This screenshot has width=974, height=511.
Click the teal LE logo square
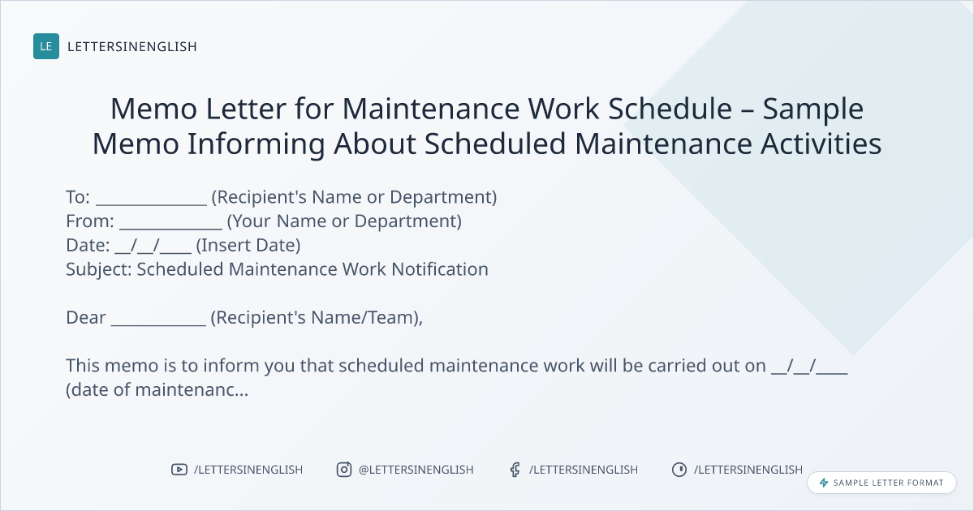click(46, 46)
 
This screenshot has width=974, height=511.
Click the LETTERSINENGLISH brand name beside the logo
click(132, 46)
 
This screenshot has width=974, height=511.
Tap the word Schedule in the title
click(670, 108)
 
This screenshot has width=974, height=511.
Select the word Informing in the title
click(256, 144)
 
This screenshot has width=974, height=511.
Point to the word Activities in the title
click(821, 144)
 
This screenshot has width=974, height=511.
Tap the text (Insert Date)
click(248, 245)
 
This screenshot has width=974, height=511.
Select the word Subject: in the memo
click(99, 269)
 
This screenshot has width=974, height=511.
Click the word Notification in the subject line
click(440, 269)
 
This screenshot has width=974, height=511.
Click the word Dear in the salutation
click(86, 318)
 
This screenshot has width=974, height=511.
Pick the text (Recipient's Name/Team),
click(317, 318)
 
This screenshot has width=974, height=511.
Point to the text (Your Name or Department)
click(344, 221)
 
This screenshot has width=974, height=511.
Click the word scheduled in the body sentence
click(381, 366)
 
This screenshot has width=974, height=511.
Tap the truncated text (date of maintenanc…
click(157, 390)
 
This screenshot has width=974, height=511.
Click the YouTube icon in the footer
click(179, 470)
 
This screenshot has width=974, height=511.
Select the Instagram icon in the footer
click(344, 470)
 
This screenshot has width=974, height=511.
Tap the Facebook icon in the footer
click(515, 470)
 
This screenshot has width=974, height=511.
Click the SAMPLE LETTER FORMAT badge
click(881, 483)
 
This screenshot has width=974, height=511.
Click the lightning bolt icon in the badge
click(824, 483)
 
